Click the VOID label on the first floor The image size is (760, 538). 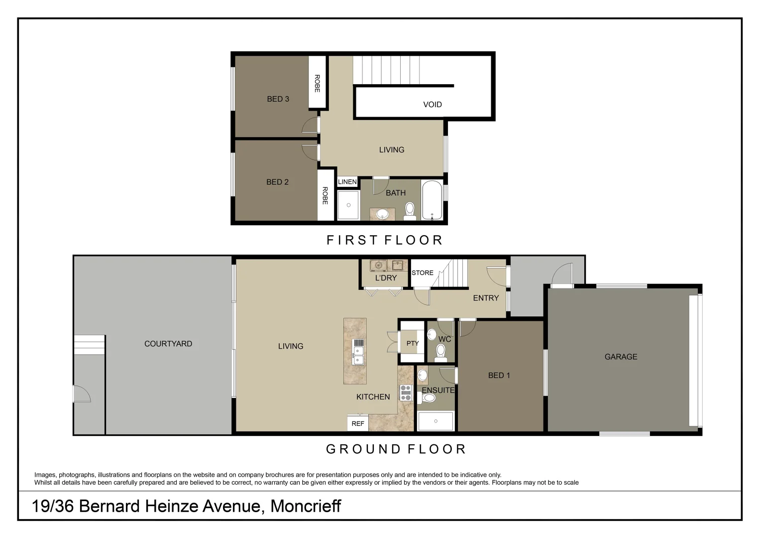pos(432,105)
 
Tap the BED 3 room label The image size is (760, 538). pos(278,99)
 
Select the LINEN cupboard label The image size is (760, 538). pos(347,182)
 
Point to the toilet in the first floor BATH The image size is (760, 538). pos(410,210)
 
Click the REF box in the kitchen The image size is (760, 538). pos(357,423)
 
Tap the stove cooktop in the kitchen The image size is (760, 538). pos(406,393)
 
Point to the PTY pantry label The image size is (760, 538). pos(413,343)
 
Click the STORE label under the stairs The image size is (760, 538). pos(423,273)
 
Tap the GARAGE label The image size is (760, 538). pos(621,357)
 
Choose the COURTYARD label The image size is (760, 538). pos(168,344)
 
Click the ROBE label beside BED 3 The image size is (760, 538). pos(317,83)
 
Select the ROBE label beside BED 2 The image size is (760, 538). pos(325,196)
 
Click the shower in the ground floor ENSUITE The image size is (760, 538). pos(436,421)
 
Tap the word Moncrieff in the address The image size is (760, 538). pos(306,506)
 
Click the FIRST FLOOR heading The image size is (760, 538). pos(385,240)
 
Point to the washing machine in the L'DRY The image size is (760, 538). pos(378,265)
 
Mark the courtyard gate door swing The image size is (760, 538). pos(81,394)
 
